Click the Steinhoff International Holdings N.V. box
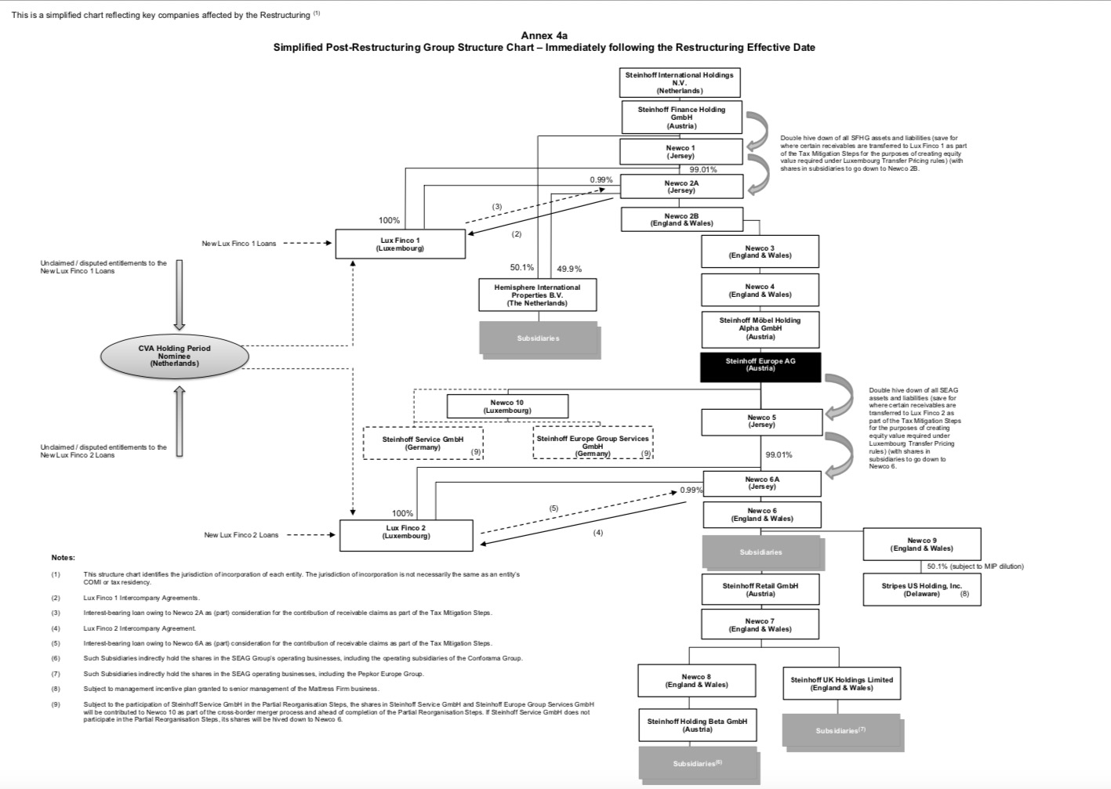pyautogui.click(x=679, y=82)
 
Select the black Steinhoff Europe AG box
pyautogui.click(x=760, y=367)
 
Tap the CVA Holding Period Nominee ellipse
pyautogui.click(x=175, y=356)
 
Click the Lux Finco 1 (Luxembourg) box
pyautogui.click(x=400, y=244)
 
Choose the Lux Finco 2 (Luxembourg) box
pyautogui.click(x=406, y=534)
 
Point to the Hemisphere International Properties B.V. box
pyautogui.click(x=537, y=295)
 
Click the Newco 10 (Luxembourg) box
pyautogui.click(x=507, y=406)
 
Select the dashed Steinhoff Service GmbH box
pyautogui.click(x=423, y=443)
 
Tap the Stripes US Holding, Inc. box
pyautogui.click(x=921, y=589)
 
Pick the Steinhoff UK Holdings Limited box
pyautogui.click(x=841, y=683)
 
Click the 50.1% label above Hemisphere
pyautogui.click(x=521, y=268)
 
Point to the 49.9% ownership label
pyautogui.click(x=569, y=269)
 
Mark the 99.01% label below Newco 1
pyautogui.click(x=703, y=169)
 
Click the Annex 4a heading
pyautogui.click(x=544, y=35)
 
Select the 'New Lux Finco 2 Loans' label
pyautogui.click(x=241, y=535)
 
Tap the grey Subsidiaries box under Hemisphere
pyautogui.click(x=539, y=338)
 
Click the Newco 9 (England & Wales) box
pyautogui.click(x=921, y=544)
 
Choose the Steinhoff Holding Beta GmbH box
pyautogui.click(x=697, y=725)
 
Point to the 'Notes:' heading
pyautogui.click(x=63, y=557)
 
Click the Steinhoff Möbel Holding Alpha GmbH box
pyautogui.click(x=760, y=328)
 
